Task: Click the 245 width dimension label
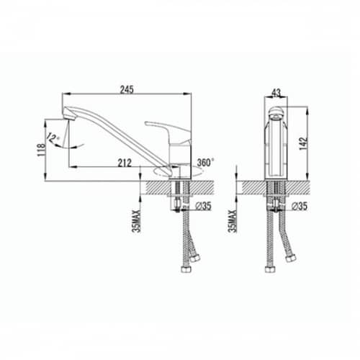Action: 127,89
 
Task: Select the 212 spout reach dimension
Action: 125,163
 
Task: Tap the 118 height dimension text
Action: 41,150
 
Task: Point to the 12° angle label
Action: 53,138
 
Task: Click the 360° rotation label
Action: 205,162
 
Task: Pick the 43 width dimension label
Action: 276,93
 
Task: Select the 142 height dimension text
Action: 303,143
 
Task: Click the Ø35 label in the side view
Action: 204,206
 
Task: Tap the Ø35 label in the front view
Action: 300,206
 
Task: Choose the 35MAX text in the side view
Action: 137,221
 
